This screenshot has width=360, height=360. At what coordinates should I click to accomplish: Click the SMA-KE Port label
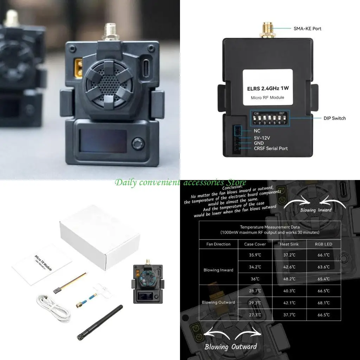click(308, 28)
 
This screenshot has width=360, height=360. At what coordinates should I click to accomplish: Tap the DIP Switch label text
click(334, 118)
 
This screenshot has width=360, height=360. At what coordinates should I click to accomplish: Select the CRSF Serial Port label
click(271, 148)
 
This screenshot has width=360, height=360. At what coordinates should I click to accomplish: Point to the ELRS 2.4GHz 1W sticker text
click(268, 89)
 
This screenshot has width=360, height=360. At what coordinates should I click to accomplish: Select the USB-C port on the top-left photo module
click(146, 66)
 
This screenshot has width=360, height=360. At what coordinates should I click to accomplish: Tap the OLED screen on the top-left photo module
click(103, 141)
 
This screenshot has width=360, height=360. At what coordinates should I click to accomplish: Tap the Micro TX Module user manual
click(42, 264)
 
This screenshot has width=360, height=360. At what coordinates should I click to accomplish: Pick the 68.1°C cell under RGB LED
click(323, 302)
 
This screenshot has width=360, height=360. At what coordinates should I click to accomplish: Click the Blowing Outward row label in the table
click(218, 302)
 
